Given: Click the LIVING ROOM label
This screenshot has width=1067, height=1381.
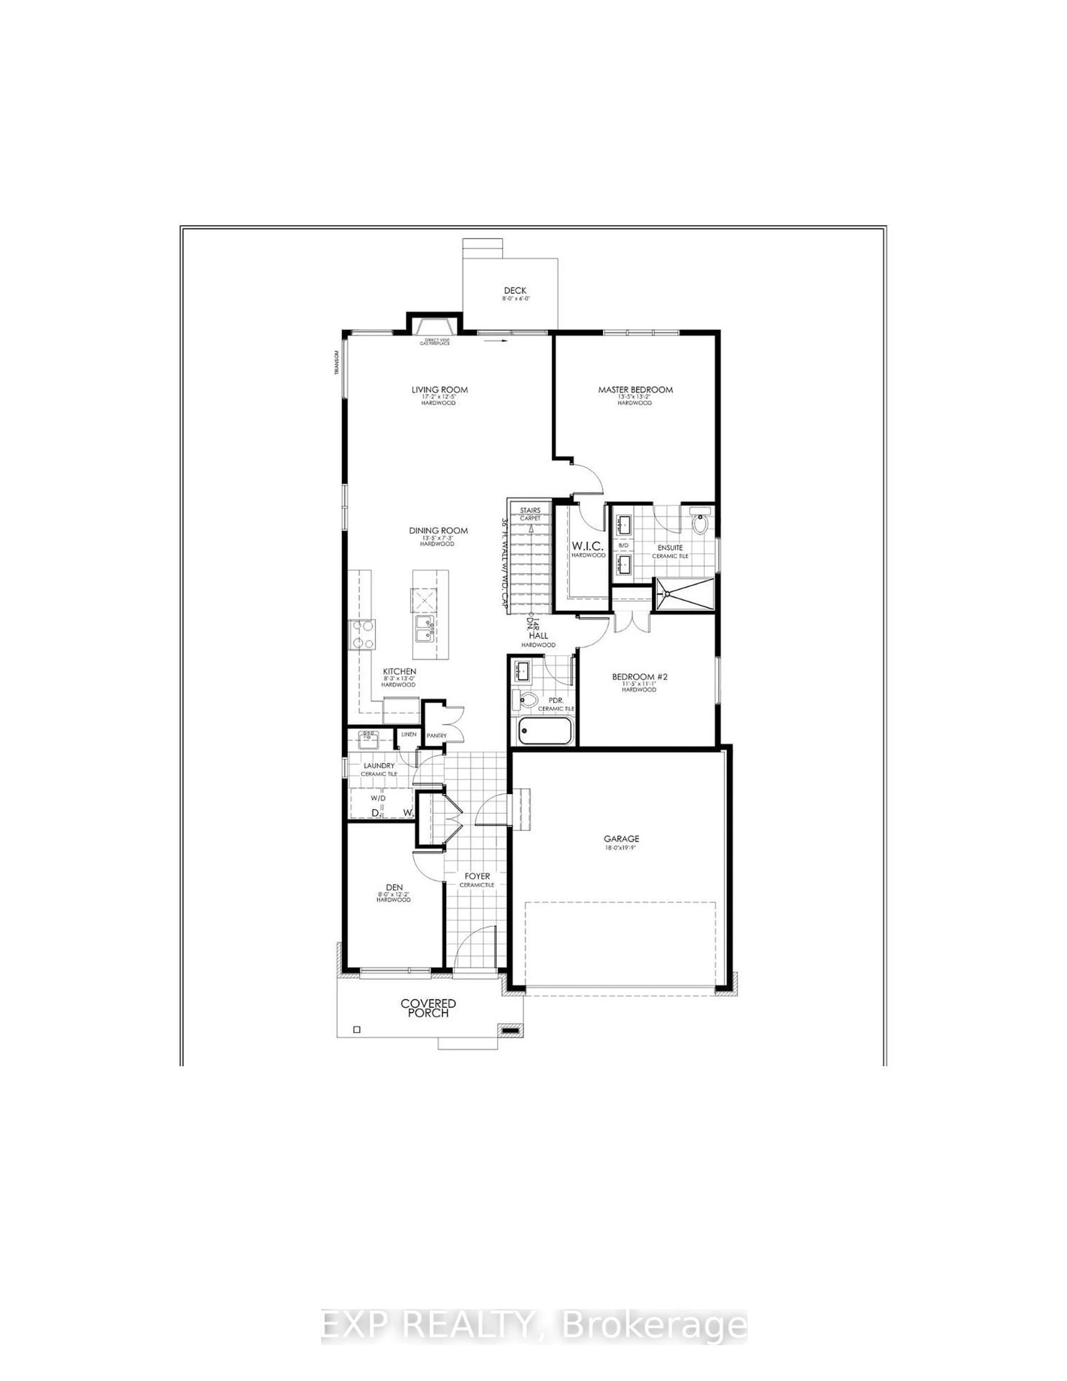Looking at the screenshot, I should [x=440, y=389].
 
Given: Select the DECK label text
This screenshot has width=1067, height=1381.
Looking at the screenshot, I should [x=515, y=290].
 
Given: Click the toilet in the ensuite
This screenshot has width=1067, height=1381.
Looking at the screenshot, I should [x=700, y=522].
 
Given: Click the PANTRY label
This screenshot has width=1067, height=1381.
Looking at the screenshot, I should [x=437, y=735].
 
